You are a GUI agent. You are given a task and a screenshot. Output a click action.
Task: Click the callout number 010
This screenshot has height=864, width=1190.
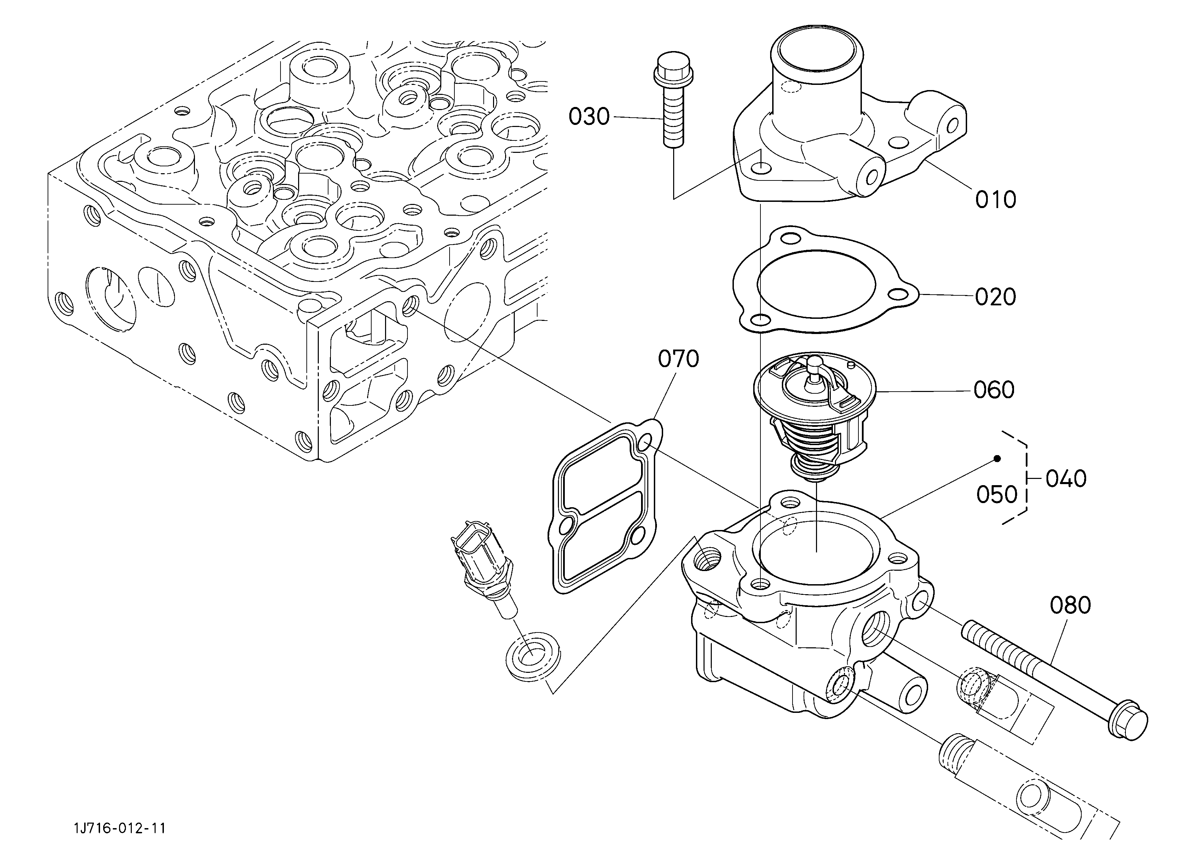[x=995, y=199]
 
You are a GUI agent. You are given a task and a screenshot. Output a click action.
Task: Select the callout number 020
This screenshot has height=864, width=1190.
[x=995, y=297]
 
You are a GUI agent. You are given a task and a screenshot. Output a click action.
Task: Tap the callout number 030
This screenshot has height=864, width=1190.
[x=589, y=117]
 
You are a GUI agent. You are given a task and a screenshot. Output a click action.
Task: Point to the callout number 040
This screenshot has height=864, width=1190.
[x=1066, y=479]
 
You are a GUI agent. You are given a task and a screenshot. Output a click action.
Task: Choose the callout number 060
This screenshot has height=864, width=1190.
[x=994, y=390]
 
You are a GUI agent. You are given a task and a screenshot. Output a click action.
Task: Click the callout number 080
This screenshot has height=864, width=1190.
[x=1070, y=605]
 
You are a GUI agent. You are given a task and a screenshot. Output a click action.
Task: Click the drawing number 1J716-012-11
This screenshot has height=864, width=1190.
[x=120, y=828]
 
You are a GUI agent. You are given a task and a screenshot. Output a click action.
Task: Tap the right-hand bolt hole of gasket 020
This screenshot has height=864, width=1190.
[x=902, y=295]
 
